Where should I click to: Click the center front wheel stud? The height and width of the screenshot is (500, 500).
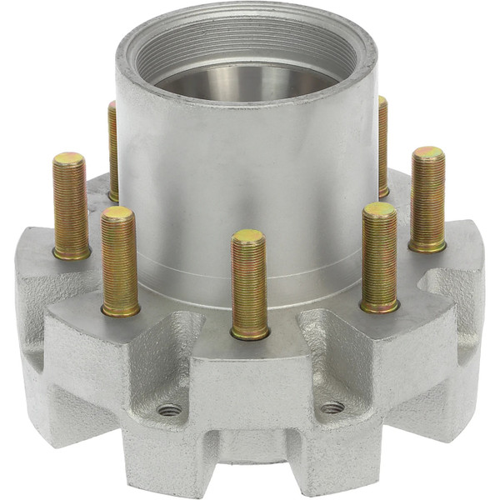(x=249, y=283)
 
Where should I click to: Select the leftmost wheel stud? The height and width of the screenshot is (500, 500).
(x=71, y=204)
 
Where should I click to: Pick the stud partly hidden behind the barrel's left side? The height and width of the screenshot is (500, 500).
(x=112, y=150)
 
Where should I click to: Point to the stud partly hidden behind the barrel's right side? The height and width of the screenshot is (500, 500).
(x=382, y=146)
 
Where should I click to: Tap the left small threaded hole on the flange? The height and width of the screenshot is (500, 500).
(x=169, y=409)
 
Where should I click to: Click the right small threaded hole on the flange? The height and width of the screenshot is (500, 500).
(x=332, y=407)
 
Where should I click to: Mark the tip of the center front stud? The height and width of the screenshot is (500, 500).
(x=248, y=236)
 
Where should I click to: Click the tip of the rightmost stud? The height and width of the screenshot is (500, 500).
(x=428, y=152)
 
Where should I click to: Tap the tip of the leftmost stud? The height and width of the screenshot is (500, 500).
(x=68, y=157)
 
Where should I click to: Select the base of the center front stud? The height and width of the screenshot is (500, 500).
(x=250, y=333)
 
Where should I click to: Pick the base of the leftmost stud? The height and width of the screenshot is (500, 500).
(x=72, y=252)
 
